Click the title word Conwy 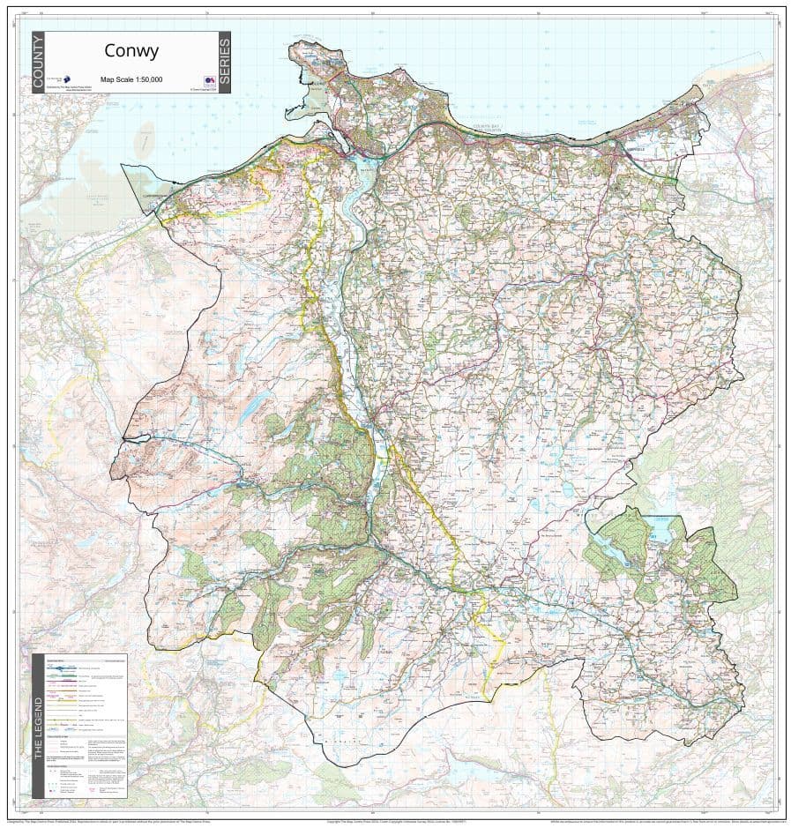pos(131,51)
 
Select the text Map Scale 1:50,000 pos(131,79)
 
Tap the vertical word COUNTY pos(37,63)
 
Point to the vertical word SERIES pos(224,63)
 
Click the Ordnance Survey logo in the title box pos(210,80)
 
